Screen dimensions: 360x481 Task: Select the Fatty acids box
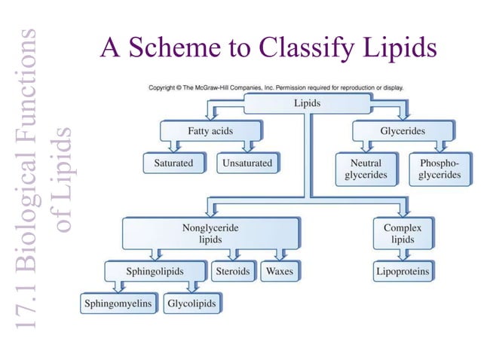point(210,131)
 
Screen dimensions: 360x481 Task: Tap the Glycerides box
point(402,131)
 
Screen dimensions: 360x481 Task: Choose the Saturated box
point(175,163)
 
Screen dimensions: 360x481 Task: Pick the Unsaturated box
point(247,163)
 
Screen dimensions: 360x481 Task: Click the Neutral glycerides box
point(366,169)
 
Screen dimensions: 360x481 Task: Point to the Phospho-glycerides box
point(440,169)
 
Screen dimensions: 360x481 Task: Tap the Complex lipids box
point(402,233)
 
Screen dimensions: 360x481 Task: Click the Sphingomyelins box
point(117,304)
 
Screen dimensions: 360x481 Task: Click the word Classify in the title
point(302,48)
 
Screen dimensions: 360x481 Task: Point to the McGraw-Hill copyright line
point(276,87)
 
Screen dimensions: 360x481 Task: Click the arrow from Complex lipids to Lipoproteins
point(403,255)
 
